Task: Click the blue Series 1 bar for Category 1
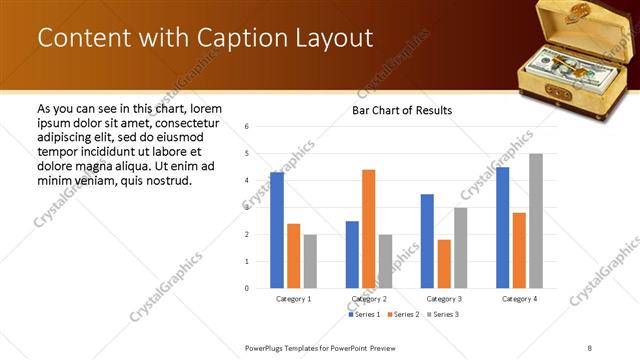click(x=277, y=230)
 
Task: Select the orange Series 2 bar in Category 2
click(x=369, y=229)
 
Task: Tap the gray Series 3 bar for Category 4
click(x=536, y=221)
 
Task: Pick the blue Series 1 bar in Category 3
click(x=427, y=241)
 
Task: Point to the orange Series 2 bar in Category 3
click(x=444, y=264)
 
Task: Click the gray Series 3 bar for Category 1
click(x=310, y=261)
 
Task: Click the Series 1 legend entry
click(x=364, y=314)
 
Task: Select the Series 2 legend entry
click(x=402, y=314)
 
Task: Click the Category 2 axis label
click(x=369, y=299)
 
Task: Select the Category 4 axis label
click(x=519, y=299)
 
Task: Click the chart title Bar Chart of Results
click(x=402, y=110)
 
